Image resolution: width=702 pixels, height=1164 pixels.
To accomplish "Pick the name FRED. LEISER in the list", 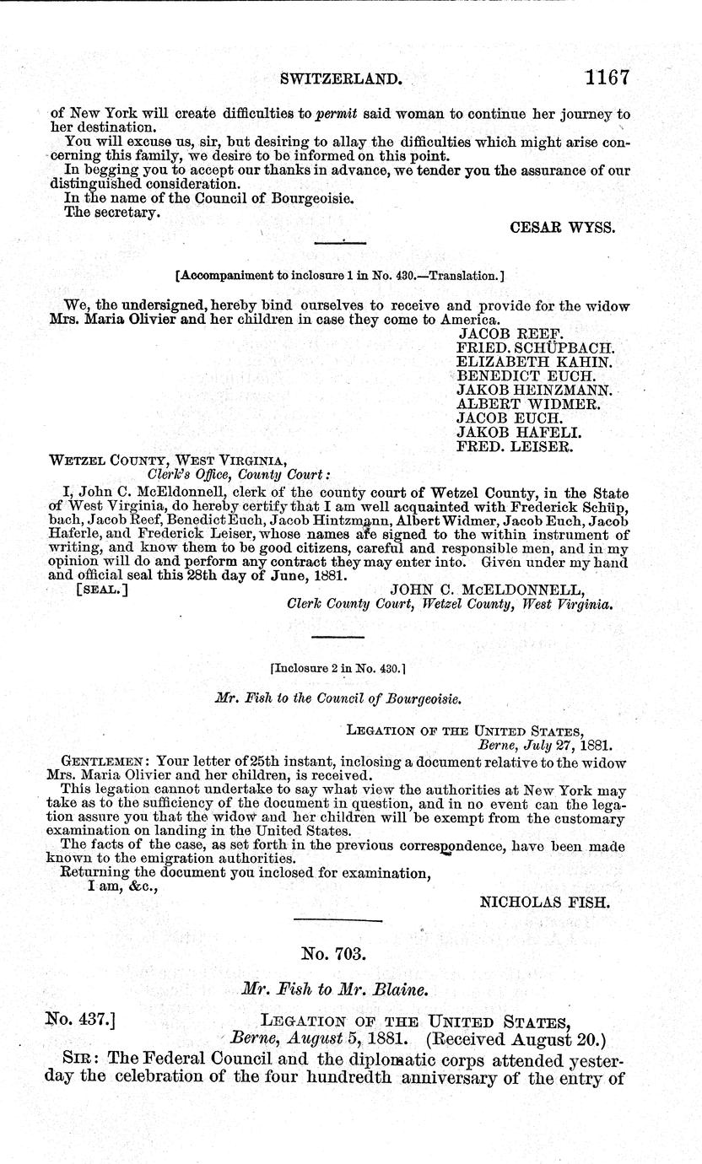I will [x=515, y=446].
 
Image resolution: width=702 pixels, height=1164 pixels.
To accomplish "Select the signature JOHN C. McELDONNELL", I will [x=488, y=590].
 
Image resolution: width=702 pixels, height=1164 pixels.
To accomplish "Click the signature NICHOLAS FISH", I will [x=544, y=902].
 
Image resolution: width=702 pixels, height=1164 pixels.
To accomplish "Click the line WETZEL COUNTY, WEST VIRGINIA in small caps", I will [x=169, y=461].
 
